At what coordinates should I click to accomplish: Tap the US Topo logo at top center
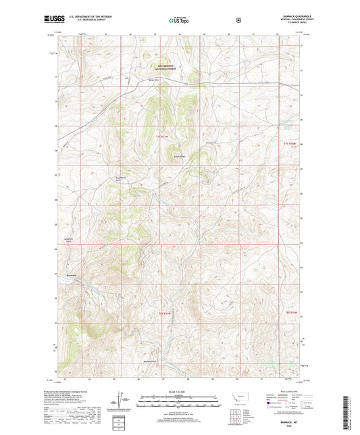coord(178,20)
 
